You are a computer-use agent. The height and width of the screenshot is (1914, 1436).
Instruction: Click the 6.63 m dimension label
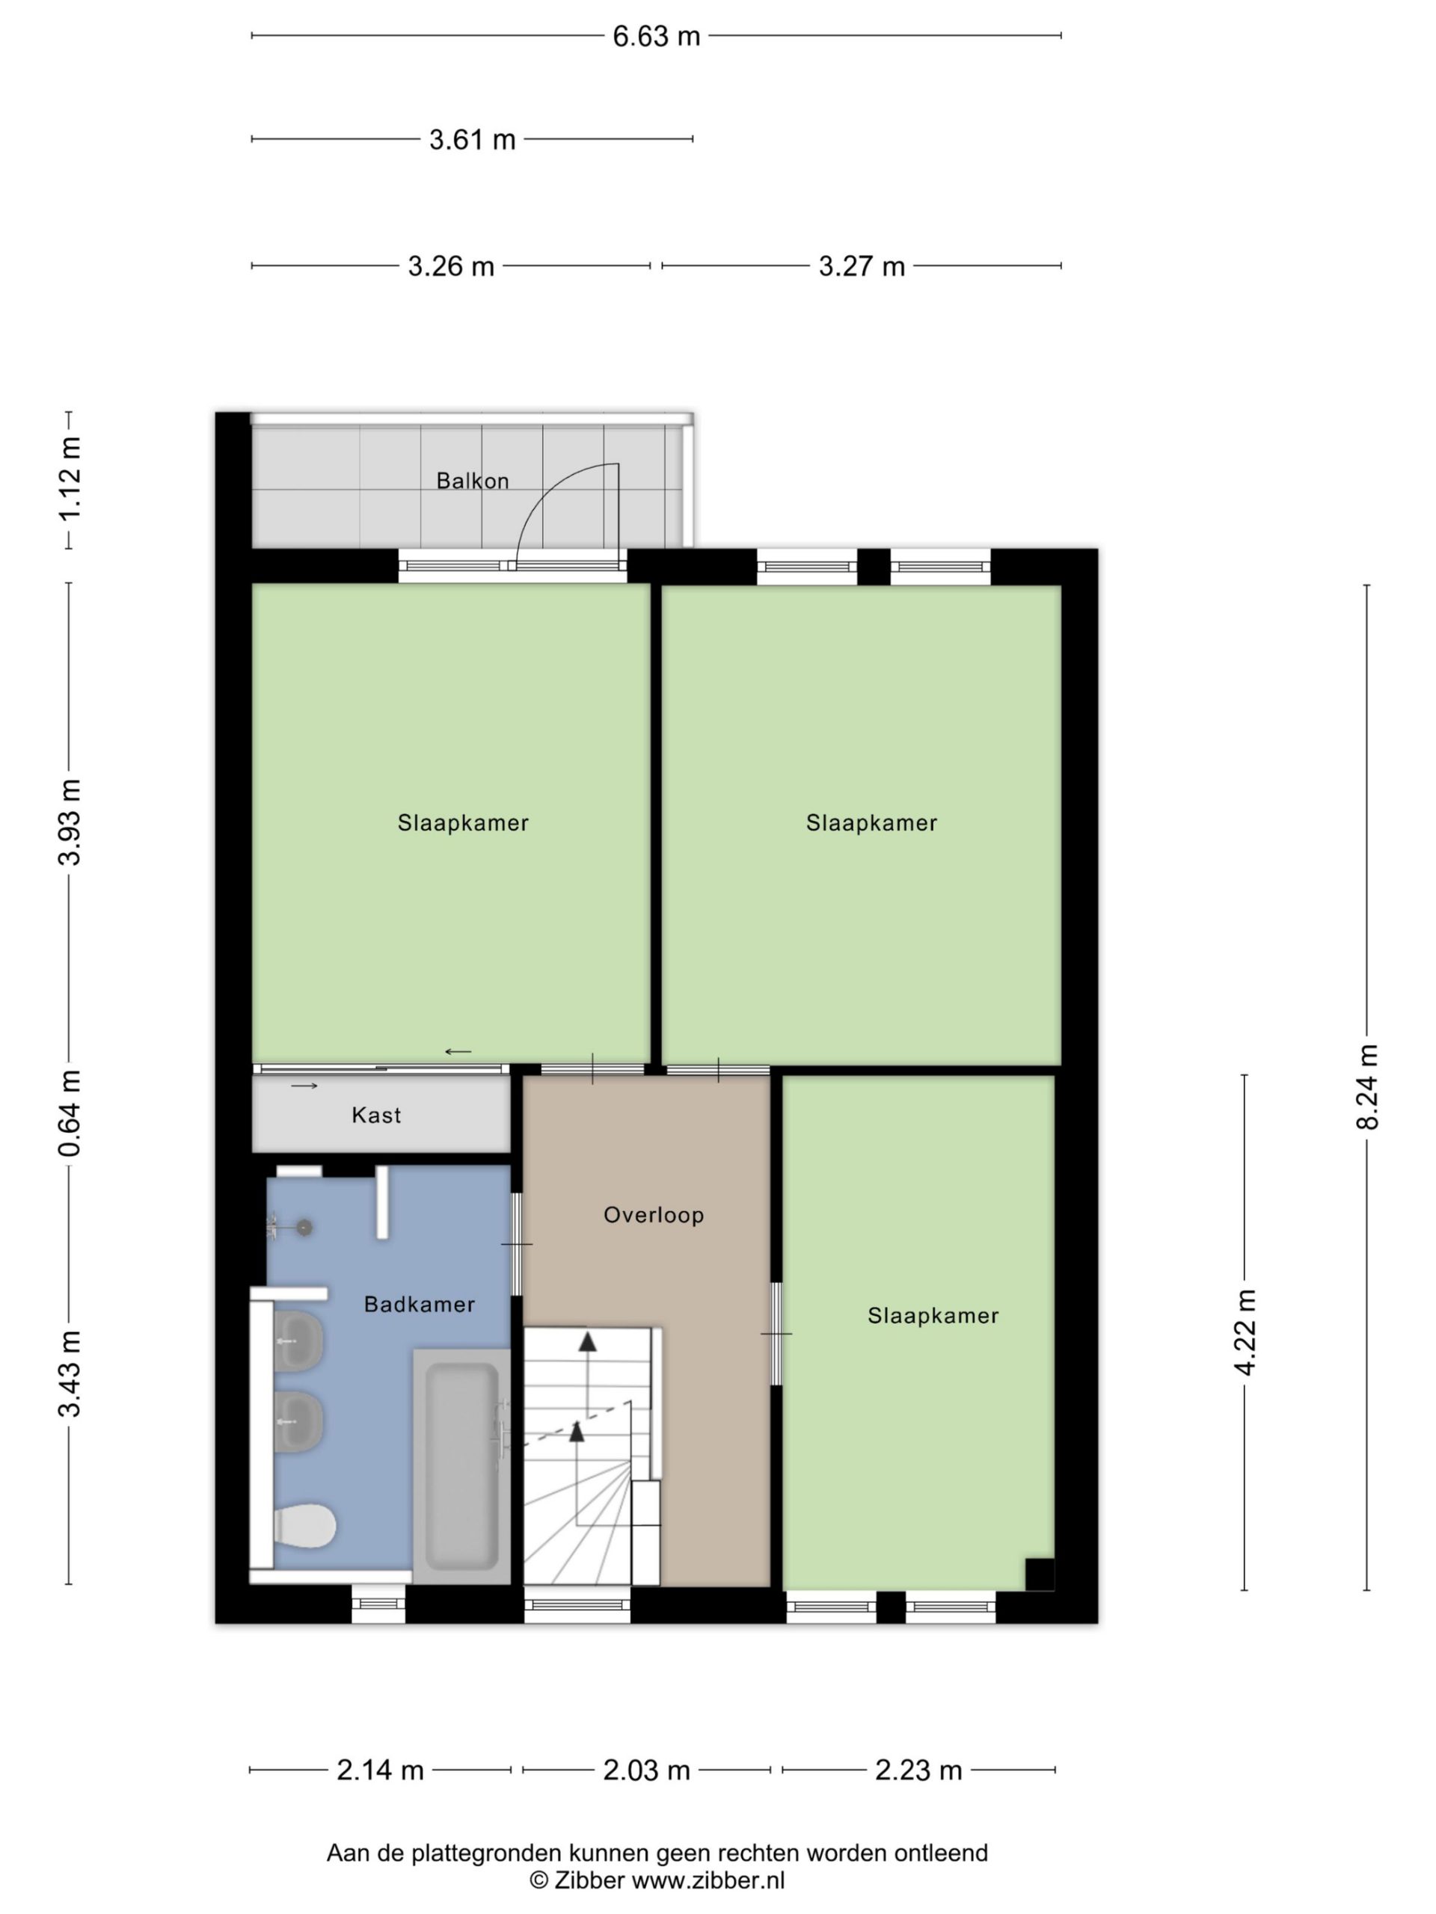[656, 37]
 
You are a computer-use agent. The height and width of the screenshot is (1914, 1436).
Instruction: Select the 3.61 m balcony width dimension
[473, 139]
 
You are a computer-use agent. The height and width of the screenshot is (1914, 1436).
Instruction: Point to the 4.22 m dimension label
[1245, 1332]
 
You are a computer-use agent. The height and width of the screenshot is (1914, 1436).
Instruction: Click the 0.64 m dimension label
[70, 1113]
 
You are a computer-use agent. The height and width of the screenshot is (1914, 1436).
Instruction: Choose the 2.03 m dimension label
[647, 1771]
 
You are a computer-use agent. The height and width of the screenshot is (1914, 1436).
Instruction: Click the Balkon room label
[473, 481]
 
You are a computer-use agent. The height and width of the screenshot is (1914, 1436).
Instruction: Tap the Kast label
[376, 1116]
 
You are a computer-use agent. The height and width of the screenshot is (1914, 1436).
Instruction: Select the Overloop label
[654, 1215]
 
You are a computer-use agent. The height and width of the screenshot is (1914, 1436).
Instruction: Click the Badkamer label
[420, 1304]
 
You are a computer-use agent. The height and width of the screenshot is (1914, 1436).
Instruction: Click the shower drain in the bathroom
[304, 1227]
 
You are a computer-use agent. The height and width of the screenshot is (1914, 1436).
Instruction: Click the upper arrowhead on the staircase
[588, 1342]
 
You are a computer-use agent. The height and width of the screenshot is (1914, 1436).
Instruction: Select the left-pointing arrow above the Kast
[458, 1052]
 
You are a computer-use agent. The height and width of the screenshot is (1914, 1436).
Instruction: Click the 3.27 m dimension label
[862, 266]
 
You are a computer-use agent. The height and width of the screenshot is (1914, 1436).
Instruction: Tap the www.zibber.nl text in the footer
[708, 1880]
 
